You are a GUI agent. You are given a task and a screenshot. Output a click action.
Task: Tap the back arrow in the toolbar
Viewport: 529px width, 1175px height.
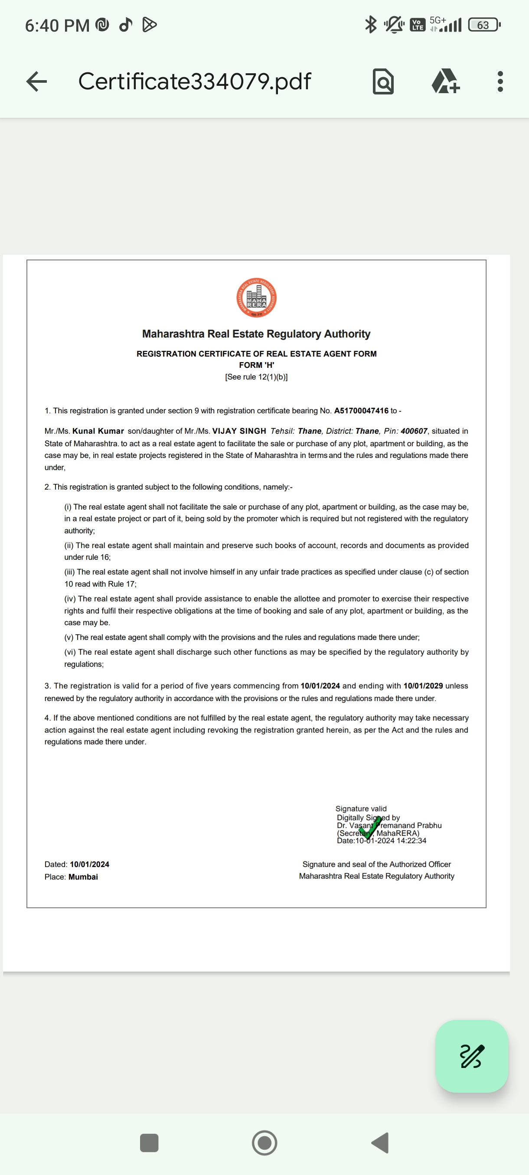tap(37, 81)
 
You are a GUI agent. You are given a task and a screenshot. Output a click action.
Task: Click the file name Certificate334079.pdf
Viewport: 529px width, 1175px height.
tap(194, 81)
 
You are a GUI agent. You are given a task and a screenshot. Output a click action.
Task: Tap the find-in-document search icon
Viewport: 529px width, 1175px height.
tap(383, 81)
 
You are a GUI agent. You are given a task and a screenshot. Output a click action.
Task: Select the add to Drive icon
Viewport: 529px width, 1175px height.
tap(445, 81)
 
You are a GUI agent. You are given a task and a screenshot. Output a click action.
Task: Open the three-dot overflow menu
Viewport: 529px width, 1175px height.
tap(500, 81)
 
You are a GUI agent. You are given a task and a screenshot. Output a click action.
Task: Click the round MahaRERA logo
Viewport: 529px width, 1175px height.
tap(256, 298)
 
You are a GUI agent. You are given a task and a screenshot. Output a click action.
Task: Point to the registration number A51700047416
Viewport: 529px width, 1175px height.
tap(361, 411)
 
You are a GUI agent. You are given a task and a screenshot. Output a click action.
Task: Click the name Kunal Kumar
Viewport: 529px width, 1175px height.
tap(98, 431)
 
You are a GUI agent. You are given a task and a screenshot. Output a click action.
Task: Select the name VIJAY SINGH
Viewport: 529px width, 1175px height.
tap(239, 431)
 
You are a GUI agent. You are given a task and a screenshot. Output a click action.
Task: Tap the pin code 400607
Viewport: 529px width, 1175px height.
tap(414, 431)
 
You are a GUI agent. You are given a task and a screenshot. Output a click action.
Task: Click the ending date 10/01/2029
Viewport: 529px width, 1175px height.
tap(423, 685)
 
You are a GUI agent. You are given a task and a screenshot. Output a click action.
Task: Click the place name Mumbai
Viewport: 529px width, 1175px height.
tap(83, 876)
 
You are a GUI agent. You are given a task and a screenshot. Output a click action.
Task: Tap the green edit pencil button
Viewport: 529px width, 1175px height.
tap(471, 1055)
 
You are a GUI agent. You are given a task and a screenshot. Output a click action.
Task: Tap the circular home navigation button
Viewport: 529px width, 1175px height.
tap(264, 1143)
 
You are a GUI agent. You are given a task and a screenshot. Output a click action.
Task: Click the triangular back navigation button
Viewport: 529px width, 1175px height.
tap(380, 1143)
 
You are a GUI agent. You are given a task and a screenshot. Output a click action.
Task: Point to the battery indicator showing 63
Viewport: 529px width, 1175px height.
tap(484, 25)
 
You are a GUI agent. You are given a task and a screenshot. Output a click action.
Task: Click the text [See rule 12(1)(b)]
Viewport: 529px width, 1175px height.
tap(256, 377)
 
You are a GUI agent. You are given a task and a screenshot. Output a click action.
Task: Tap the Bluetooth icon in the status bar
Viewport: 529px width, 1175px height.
tap(371, 25)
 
